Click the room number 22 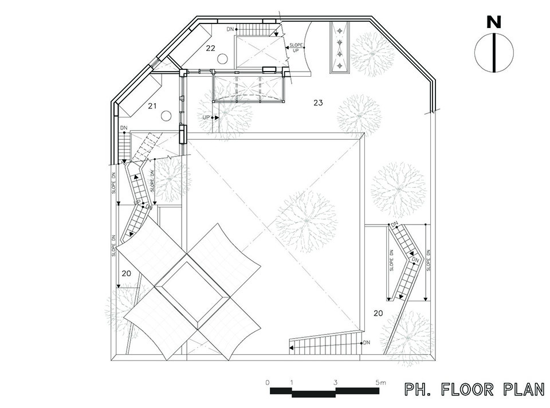(x=210, y=48)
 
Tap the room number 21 (x=152, y=105)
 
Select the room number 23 (x=318, y=103)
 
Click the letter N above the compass (x=494, y=22)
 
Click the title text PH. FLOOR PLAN (x=475, y=390)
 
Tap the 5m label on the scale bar (x=381, y=382)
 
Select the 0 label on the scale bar (x=268, y=382)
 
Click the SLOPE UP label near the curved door (x=296, y=48)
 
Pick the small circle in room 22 (x=222, y=58)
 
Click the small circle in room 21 (x=166, y=116)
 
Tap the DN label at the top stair (x=230, y=29)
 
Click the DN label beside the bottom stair (x=367, y=343)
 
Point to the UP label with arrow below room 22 (x=206, y=117)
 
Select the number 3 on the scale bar (x=335, y=382)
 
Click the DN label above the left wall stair (x=124, y=128)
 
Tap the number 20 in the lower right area (x=378, y=313)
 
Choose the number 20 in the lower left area (x=126, y=273)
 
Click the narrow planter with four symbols (x=340, y=48)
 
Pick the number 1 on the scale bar (x=292, y=382)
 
